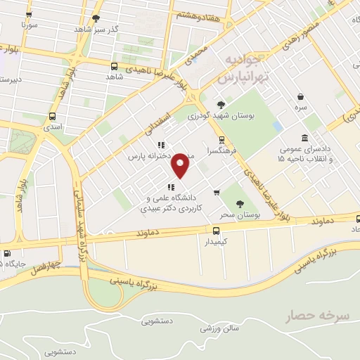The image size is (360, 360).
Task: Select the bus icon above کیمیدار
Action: tap(216, 230)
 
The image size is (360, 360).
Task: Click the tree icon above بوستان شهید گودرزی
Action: tap(212, 104)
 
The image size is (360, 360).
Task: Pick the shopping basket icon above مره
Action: tap(300, 96)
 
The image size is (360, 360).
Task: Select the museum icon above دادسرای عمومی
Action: tap(304, 137)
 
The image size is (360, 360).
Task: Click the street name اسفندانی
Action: tap(160, 117)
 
